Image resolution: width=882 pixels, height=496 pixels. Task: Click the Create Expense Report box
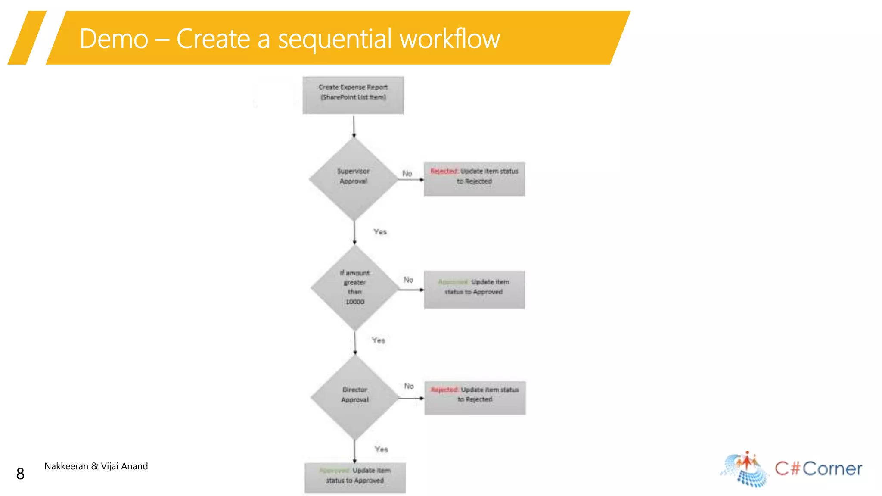(353, 95)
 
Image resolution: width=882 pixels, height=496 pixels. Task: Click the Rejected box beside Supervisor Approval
(474, 179)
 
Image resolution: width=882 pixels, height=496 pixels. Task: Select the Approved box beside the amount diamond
(474, 290)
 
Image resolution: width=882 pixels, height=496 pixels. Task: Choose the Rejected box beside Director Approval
(475, 398)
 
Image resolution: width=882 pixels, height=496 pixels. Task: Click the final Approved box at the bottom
(355, 477)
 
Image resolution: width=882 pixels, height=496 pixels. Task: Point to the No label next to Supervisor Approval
(407, 173)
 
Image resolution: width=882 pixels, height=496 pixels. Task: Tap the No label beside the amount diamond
(408, 280)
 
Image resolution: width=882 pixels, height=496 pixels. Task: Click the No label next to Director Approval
(409, 386)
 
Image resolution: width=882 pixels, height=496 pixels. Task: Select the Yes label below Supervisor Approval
(380, 232)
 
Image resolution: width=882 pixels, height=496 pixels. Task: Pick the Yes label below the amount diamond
(378, 340)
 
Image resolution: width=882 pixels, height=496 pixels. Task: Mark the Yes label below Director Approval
(381, 449)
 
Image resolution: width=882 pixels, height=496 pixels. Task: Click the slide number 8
(20, 474)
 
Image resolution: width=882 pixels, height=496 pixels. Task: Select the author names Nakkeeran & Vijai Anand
(96, 466)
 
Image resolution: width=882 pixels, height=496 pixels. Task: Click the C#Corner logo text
(818, 468)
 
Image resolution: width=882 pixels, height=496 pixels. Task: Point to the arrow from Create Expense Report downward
(354, 126)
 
